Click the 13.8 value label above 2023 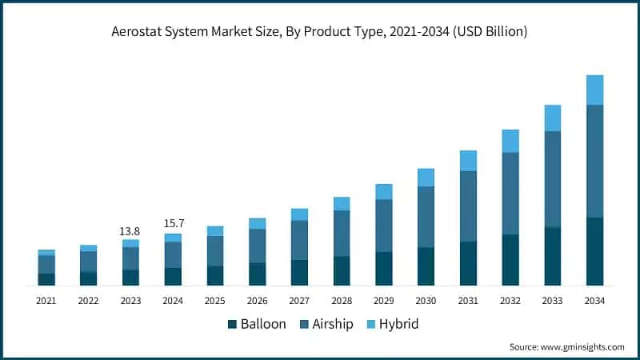pyautogui.click(x=130, y=231)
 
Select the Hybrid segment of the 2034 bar pyautogui.click(x=594, y=90)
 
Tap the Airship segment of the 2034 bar pyautogui.click(x=594, y=161)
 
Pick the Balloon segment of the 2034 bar pyautogui.click(x=594, y=251)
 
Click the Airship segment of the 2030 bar pyautogui.click(x=426, y=217)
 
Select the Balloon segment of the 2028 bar pyautogui.click(x=342, y=270)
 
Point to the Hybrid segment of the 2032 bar pyautogui.click(x=510, y=141)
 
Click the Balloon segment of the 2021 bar pyautogui.click(x=46, y=279)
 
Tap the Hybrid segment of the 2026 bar pyautogui.click(x=257, y=223)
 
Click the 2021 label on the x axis pyautogui.click(x=46, y=301)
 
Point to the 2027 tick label pyautogui.click(x=299, y=301)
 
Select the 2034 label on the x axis pyautogui.click(x=594, y=301)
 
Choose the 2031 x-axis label pyautogui.click(x=468, y=301)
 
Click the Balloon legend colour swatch pyautogui.click(x=233, y=325)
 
